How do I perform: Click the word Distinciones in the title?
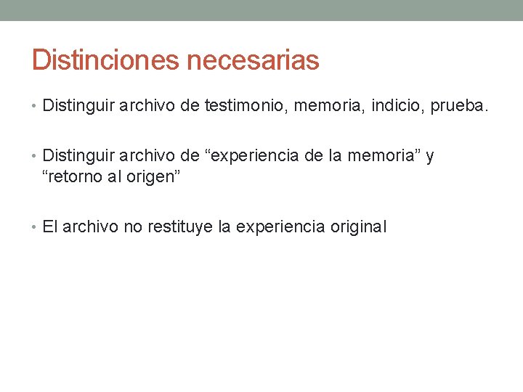click(106, 60)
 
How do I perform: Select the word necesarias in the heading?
click(253, 60)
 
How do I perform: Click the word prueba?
click(460, 107)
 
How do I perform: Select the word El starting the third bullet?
click(50, 226)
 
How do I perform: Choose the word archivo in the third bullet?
click(91, 226)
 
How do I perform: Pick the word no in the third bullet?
click(133, 226)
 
